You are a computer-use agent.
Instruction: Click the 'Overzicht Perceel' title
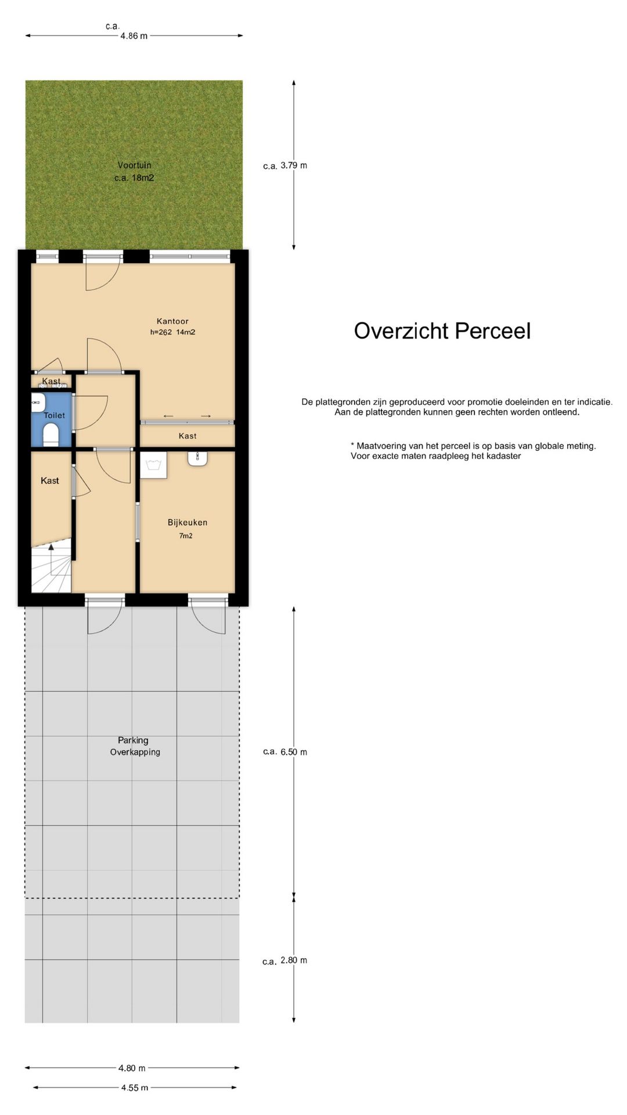point(442,331)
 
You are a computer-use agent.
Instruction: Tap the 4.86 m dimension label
point(134,36)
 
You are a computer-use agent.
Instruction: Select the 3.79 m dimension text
point(294,166)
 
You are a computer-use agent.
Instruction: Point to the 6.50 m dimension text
point(294,752)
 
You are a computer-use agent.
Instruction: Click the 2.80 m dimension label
point(294,961)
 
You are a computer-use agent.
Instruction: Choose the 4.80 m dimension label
point(132,1068)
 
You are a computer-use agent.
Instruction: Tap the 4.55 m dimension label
point(135,1088)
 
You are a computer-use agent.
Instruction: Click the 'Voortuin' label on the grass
point(134,166)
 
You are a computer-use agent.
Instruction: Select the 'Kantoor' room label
point(172,321)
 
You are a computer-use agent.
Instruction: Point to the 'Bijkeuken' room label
point(188,523)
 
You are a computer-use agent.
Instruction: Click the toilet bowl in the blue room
point(51,434)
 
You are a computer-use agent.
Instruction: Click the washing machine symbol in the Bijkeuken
point(154,465)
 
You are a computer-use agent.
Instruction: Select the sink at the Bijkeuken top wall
point(198,459)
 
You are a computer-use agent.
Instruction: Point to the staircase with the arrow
point(51,568)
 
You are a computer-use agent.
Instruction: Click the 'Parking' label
point(133,740)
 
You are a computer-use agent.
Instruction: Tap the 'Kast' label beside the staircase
point(50,481)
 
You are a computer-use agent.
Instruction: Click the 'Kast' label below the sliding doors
point(188,436)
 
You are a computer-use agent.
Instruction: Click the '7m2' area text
point(186,536)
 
